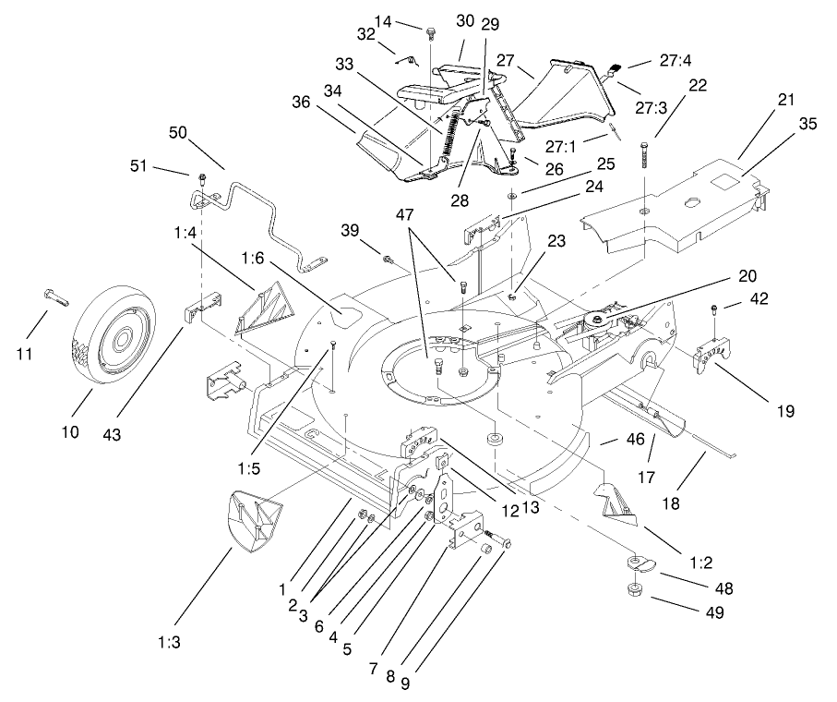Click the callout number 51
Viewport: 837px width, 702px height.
139,166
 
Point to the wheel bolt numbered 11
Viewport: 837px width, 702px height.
54,297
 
